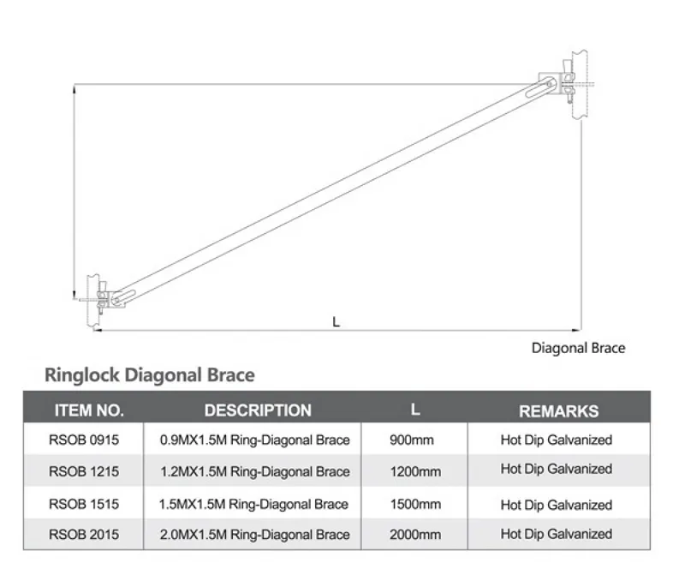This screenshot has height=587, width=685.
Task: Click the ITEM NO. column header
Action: (89, 410)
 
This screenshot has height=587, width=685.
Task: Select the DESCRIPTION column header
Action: (258, 410)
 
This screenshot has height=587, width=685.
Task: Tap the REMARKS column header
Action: (558, 411)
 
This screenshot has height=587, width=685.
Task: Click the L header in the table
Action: (415, 409)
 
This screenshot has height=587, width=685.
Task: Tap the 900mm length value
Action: (412, 440)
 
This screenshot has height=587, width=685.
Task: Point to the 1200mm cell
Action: (414, 470)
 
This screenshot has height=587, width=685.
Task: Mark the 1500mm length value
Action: (414, 504)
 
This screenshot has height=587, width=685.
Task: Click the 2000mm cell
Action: (414, 535)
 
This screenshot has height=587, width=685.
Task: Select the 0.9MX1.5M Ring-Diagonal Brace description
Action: (255, 440)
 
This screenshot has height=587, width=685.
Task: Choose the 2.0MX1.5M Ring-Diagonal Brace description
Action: (255, 535)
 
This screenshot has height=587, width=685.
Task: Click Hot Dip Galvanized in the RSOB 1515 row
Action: (557, 505)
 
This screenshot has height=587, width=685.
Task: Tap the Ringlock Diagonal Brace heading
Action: (149, 374)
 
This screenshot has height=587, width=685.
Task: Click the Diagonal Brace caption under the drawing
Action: (578, 348)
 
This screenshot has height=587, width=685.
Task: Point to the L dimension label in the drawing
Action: (336, 321)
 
